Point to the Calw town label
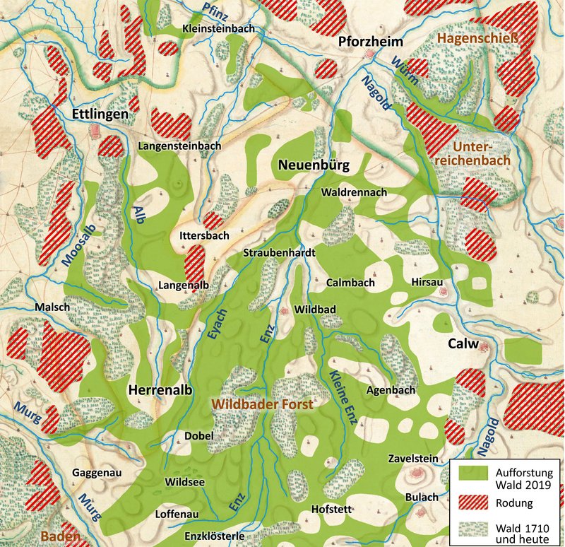click(464, 344)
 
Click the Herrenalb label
click(160, 389)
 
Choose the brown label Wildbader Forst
click(263, 403)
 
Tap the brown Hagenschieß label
click(468, 37)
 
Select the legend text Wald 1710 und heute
click(519, 534)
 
